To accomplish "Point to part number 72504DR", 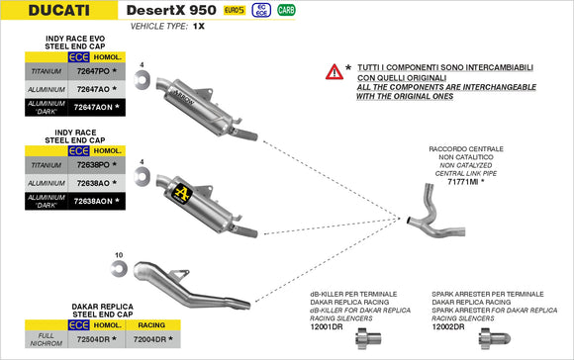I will [92, 339].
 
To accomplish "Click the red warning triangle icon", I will [335, 72].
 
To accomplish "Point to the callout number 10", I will [120, 256].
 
